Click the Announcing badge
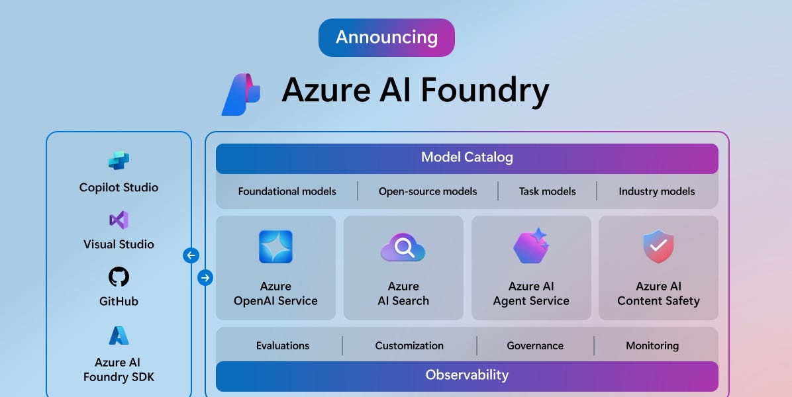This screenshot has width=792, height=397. click(x=386, y=37)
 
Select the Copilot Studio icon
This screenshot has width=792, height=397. click(x=119, y=161)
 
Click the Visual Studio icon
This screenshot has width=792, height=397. click(x=119, y=220)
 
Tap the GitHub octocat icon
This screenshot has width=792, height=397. click(x=119, y=277)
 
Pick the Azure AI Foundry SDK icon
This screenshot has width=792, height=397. click(x=119, y=336)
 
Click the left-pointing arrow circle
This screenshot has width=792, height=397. click(x=191, y=255)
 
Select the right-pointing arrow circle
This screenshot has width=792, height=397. click(x=205, y=278)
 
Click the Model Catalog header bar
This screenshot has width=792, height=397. click(x=467, y=158)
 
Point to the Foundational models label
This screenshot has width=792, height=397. click(x=287, y=191)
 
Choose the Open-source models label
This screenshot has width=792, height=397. click(x=428, y=191)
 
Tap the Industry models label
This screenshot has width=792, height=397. click(x=656, y=191)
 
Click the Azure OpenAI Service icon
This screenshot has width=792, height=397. click(x=275, y=247)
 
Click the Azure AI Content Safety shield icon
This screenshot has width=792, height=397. click(x=658, y=247)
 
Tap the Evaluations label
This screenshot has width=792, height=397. click(x=283, y=345)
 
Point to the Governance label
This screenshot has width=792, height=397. click(x=535, y=345)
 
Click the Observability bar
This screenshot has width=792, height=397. click(x=467, y=375)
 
